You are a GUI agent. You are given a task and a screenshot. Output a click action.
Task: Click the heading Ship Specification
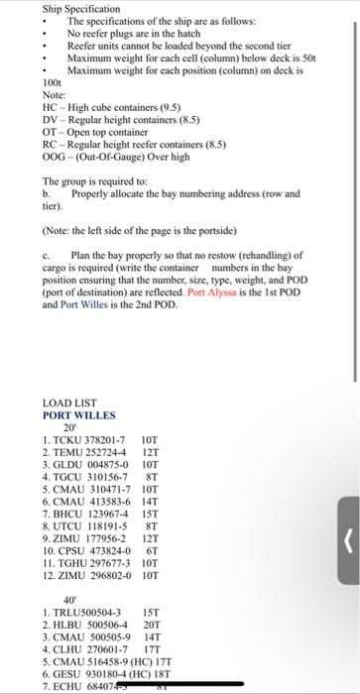point(74,9)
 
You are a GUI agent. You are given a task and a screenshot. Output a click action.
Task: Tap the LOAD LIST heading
point(69,403)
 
